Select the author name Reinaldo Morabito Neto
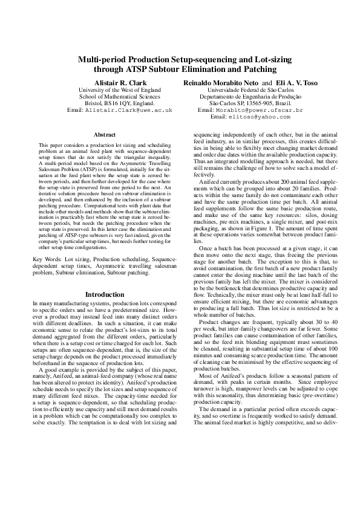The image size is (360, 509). tap(221, 81)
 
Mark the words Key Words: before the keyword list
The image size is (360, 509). tap(47, 259)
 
